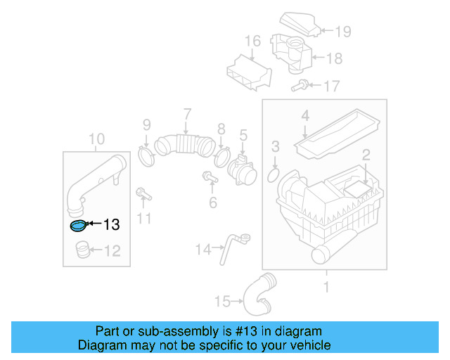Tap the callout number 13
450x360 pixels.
(x=111, y=225)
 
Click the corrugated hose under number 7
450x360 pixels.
(x=184, y=146)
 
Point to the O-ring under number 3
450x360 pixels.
(x=276, y=174)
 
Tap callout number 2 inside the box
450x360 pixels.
(x=366, y=155)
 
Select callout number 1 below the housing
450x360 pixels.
(x=326, y=287)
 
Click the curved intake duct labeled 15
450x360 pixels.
(x=258, y=297)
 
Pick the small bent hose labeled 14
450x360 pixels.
(x=230, y=247)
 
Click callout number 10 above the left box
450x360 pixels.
(x=97, y=139)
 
